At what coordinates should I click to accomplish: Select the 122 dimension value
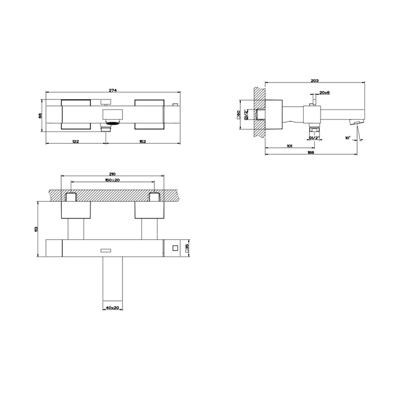(x=75, y=141)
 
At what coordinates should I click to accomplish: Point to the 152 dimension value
(x=143, y=141)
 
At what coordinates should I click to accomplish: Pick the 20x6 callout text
(x=325, y=93)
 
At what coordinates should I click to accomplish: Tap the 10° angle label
(x=348, y=138)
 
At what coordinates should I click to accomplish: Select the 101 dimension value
(x=289, y=147)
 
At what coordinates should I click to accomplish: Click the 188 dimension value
(x=310, y=153)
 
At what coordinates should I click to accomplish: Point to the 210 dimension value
(x=112, y=175)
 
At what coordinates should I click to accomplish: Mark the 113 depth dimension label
(x=35, y=230)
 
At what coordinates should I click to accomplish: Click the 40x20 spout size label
(x=112, y=308)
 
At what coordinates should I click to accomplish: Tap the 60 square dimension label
(x=239, y=115)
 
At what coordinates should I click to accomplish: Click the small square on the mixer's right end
(x=175, y=248)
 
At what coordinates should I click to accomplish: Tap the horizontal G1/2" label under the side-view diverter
(x=313, y=138)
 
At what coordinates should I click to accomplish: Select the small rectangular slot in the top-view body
(x=106, y=249)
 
